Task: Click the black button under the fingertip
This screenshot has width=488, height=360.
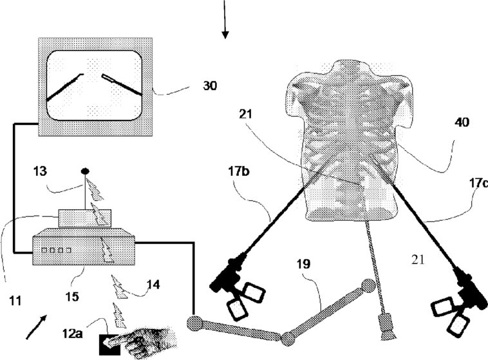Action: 107,345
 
